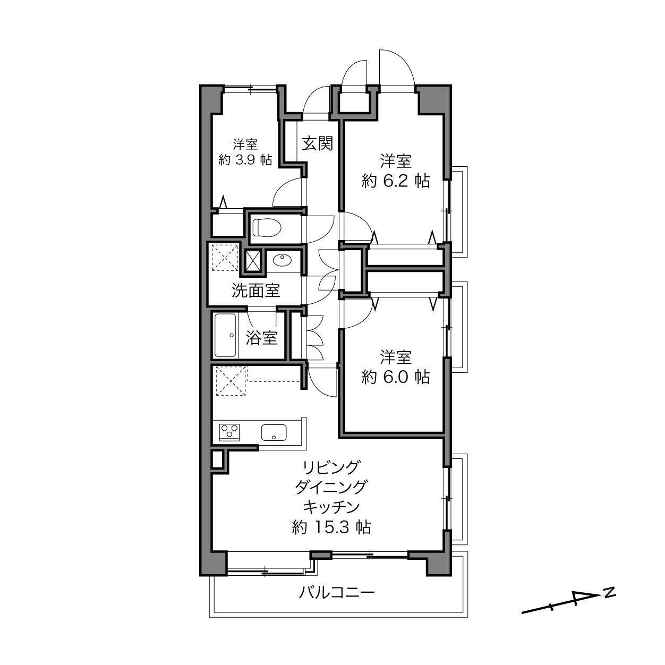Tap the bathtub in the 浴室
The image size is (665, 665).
[x=225, y=335]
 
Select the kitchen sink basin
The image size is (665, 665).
[x=274, y=432]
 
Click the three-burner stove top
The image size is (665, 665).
[x=229, y=432]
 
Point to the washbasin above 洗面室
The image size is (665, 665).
[x=283, y=260]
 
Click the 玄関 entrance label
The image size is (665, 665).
[x=317, y=143]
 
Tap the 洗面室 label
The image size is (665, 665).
[x=255, y=291]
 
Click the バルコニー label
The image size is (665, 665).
[x=336, y=593]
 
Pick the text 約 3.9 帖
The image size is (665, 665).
[x=245, y=159]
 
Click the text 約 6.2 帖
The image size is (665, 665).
[x=396, y=181]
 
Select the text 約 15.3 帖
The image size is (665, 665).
[x=331, y=527]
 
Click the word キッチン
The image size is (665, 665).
[x=331, y=507]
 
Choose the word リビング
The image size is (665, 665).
[x=331, y=467]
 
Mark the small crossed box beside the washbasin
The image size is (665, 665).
[x=253, y=261]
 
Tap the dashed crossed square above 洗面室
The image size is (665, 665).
[x=225, y=258]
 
